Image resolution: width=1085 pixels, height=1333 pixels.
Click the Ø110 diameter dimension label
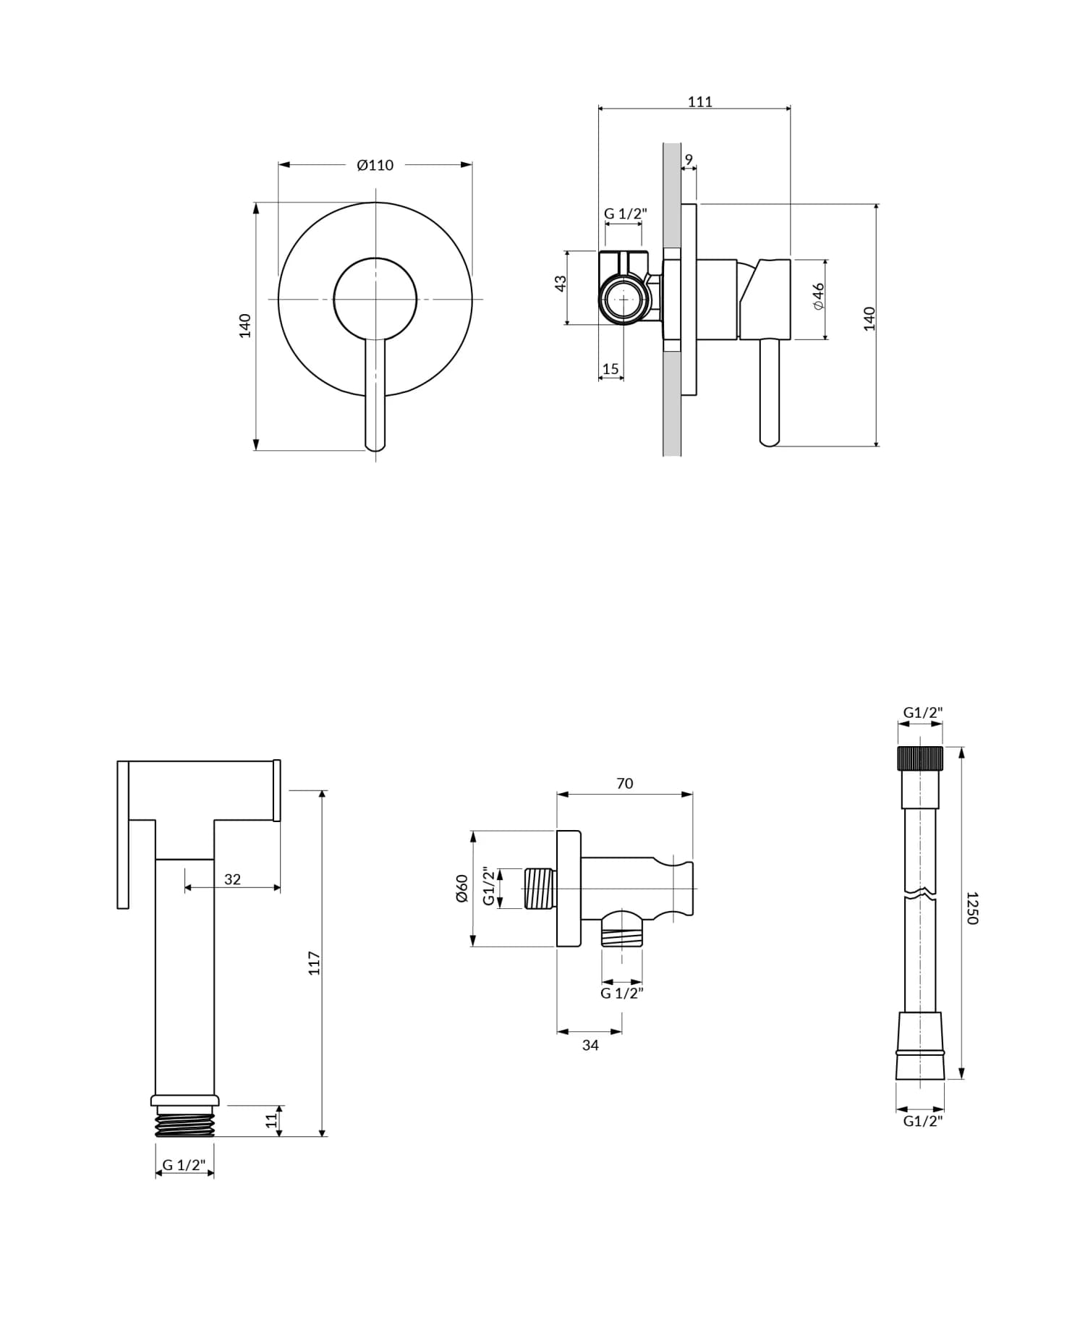click(x=375, y=165)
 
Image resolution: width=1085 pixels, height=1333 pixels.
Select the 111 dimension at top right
click(x=699, y=102)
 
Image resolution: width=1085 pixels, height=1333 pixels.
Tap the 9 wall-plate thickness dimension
click(x=689, y=159)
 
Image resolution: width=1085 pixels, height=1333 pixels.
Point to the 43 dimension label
click(x=561, y=284)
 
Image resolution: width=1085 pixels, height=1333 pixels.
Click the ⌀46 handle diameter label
click(x=818, y=297)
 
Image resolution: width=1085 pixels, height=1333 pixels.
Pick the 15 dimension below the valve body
click(x=610, y=369)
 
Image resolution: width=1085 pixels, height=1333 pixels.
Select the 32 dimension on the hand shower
click(x=232, y=879)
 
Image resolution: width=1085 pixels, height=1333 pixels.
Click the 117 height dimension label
click(x=314, y=963)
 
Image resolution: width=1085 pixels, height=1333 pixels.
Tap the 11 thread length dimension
click(x=271, y=1120)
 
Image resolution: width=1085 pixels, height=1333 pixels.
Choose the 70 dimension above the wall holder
click(x=625, y=783)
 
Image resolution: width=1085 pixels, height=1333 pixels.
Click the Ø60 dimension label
click(x=461, y=888)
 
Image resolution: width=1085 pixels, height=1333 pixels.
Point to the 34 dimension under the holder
click(x=590, y=1045)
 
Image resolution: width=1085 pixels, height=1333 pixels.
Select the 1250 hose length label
click(x=972, y=907)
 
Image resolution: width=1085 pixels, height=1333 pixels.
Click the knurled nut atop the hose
click(x=920, y=758)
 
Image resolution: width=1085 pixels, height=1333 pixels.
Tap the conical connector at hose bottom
click(x=920, y=1046)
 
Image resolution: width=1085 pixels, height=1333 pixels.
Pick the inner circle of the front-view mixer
click(x=375, y=298)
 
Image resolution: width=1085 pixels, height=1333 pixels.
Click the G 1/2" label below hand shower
click(x=184, y=1165)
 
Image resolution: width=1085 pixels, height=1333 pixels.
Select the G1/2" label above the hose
click(x=923, y=713)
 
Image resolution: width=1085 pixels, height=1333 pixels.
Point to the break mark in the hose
click(x=920, y=892)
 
